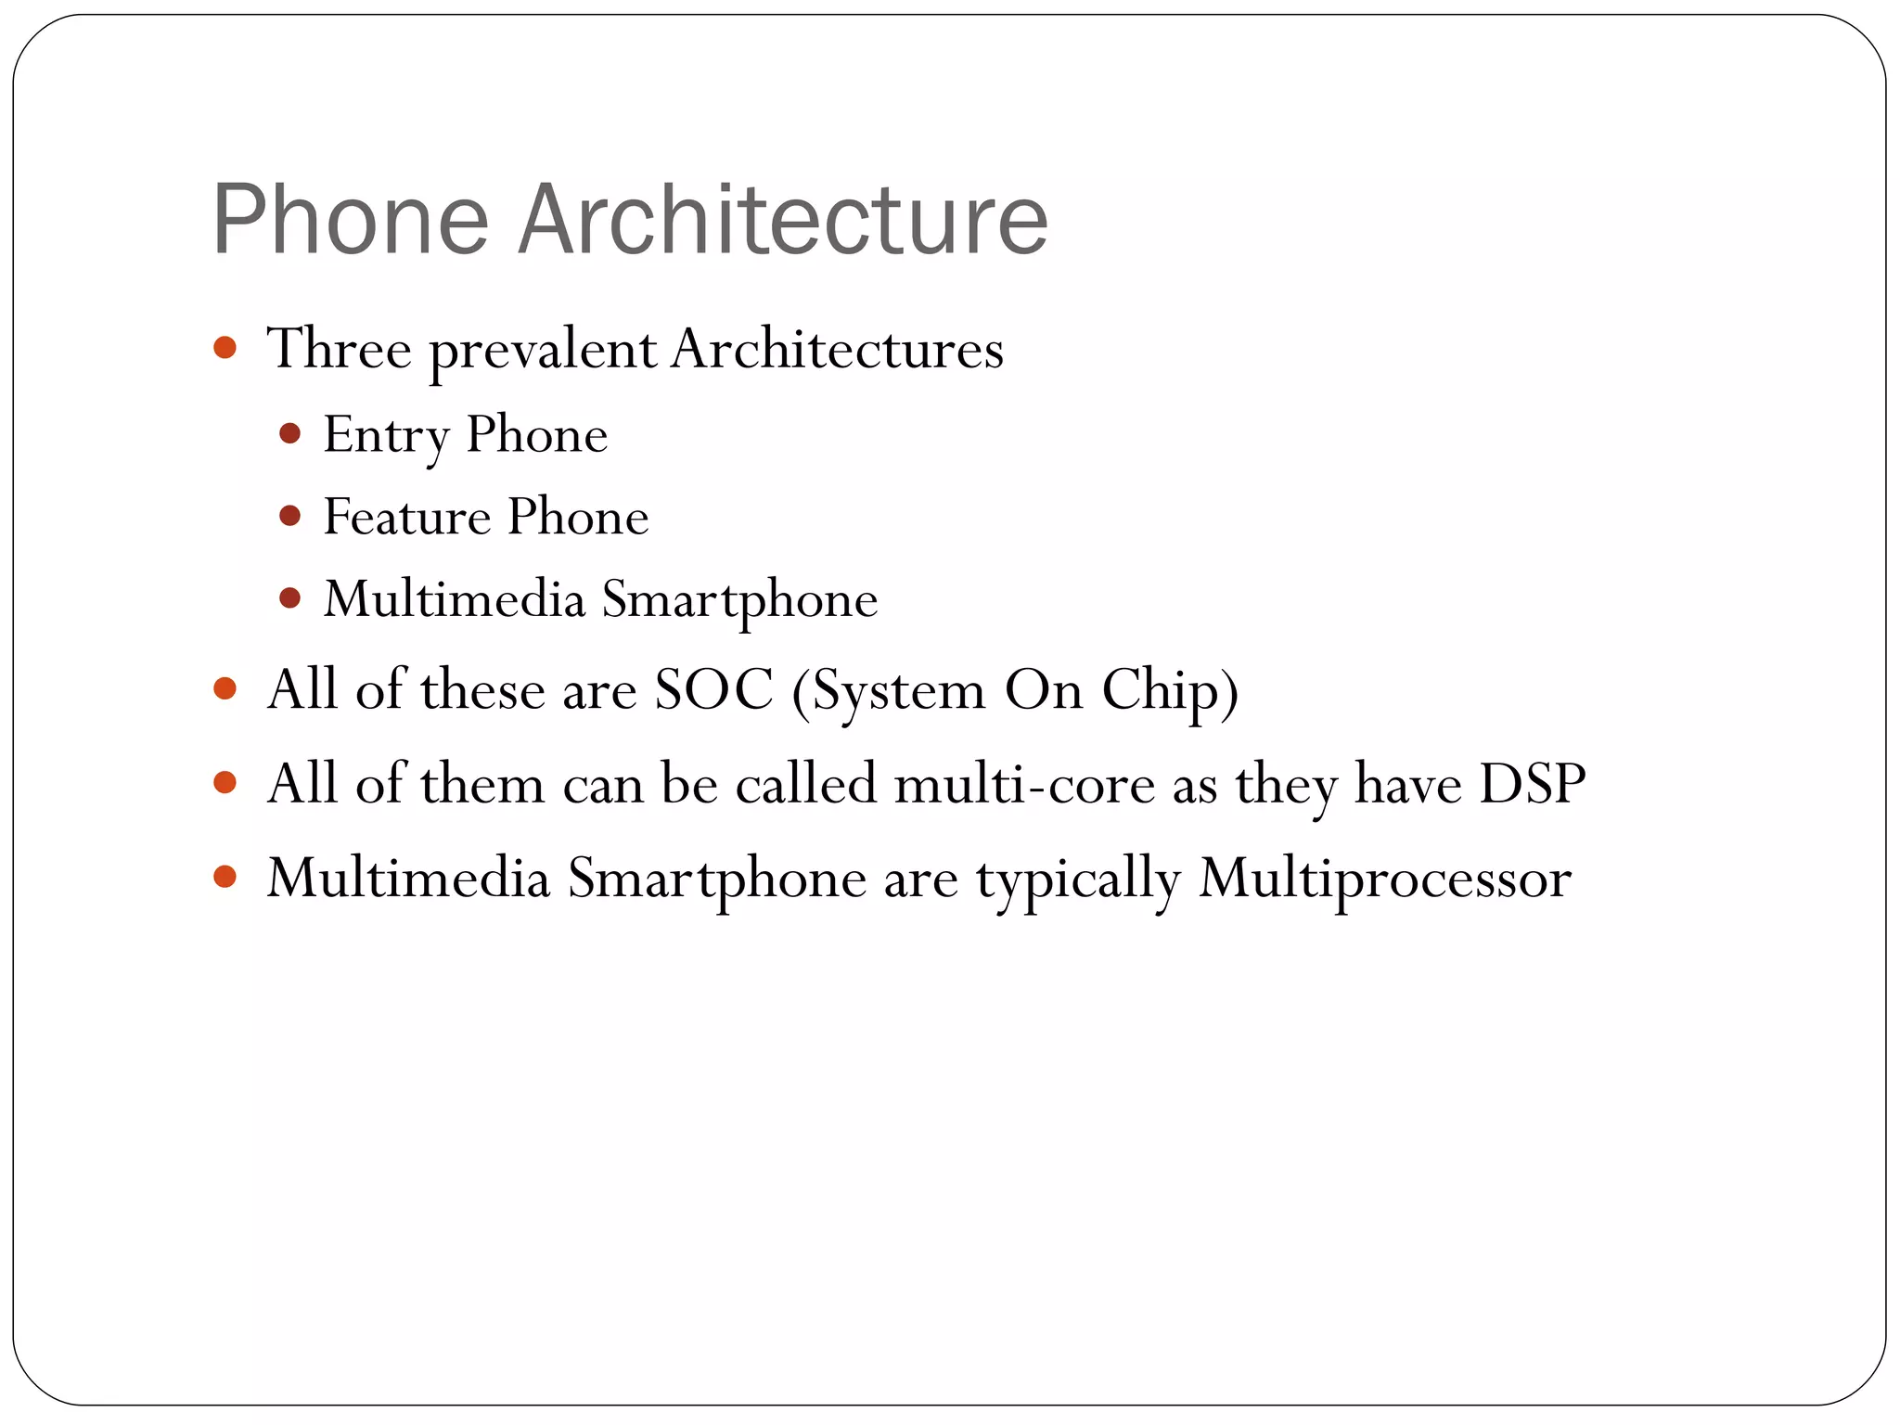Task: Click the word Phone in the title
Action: pyautogui.click(x=350, y=220)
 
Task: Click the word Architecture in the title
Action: pyautogui.click(x=782, y=220)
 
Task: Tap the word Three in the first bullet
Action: pyautogui.click(x=339, y=350)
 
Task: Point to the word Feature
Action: pyautogui.click(x=406, y=517)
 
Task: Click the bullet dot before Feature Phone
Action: pyautogui.click(x=289, y=516)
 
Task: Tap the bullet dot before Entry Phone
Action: pyautogui.click(x=289, y=433)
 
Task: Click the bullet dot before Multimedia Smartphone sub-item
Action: pyautogui.click(x=289, y=598)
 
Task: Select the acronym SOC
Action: pyautogui.click(x=713, y=690)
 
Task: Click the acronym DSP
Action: pyautogui.click(x=1532, y=784)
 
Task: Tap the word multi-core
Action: pyautogui.click(x=1024, y=784)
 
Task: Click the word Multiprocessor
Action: pyautogui.click(x=1384, y=879)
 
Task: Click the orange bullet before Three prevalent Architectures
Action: pyautogui.click(x=225, y=348)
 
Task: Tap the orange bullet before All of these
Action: pyautogui.click(x=225, y=688)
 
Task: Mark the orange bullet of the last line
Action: pyautogui.click(x=225, y=876)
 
